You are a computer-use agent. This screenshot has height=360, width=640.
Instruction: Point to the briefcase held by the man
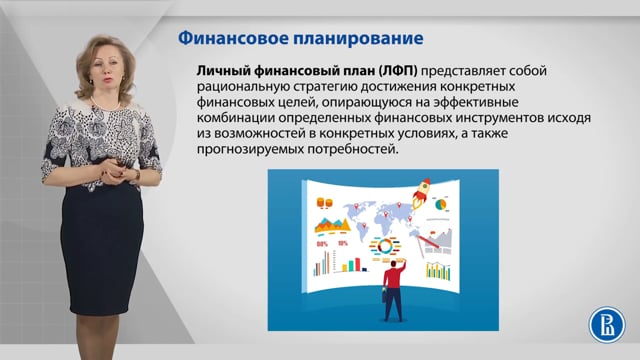point(386,298)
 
